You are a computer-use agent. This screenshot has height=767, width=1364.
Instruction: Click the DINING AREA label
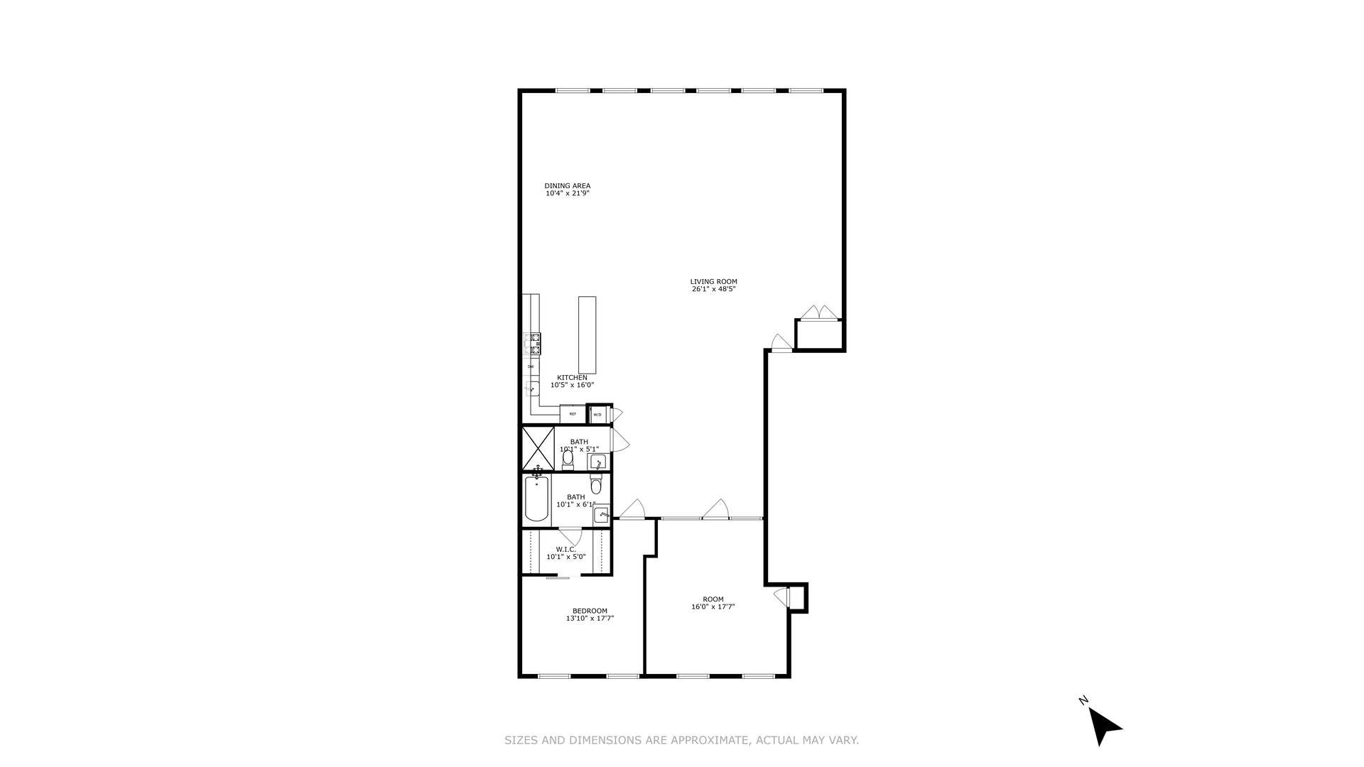pyautogui.click(x=567, y=186)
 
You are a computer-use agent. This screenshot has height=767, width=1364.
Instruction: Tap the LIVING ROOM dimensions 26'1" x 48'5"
pyautogui.click(x=713, y=289)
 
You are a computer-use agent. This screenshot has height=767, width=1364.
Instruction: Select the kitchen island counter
pyautogui.click(x=587, y=334)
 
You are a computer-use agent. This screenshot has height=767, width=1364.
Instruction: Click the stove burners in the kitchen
pyautogui.click(x=532, y=344)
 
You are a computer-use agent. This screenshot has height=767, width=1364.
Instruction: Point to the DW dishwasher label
pyautogui.click(x=530, y=366)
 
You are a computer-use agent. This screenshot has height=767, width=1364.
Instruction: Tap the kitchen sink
pyautogui.click(x=532, y=388)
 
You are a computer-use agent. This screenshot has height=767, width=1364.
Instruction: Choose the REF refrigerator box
pyautogui.click(x=573, y=413)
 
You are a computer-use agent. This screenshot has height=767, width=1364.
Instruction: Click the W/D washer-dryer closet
pyautogui.click(x=597, y=414)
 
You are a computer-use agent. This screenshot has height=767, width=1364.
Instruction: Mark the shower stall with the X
pyautogui.click(x=538, y=448)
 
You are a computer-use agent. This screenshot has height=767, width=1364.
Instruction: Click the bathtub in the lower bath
pyautogui.click(x=536, y=499)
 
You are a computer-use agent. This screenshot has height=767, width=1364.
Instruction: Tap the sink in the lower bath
pyautogui.click(x=602, y=513)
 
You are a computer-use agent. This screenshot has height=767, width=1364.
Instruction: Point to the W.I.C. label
pyautogui.click(x=565, y=549)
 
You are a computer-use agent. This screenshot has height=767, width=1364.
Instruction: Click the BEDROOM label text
pyautogui.click(x=590, y=611)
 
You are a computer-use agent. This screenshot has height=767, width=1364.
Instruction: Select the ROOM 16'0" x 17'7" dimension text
pyautogui.click(x=713, y=606)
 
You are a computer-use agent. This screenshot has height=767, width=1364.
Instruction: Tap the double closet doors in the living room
pyautogui.click(x=818, y=312)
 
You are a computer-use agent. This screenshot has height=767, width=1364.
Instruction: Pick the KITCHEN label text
pyautogui.click(x=572, y=377)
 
